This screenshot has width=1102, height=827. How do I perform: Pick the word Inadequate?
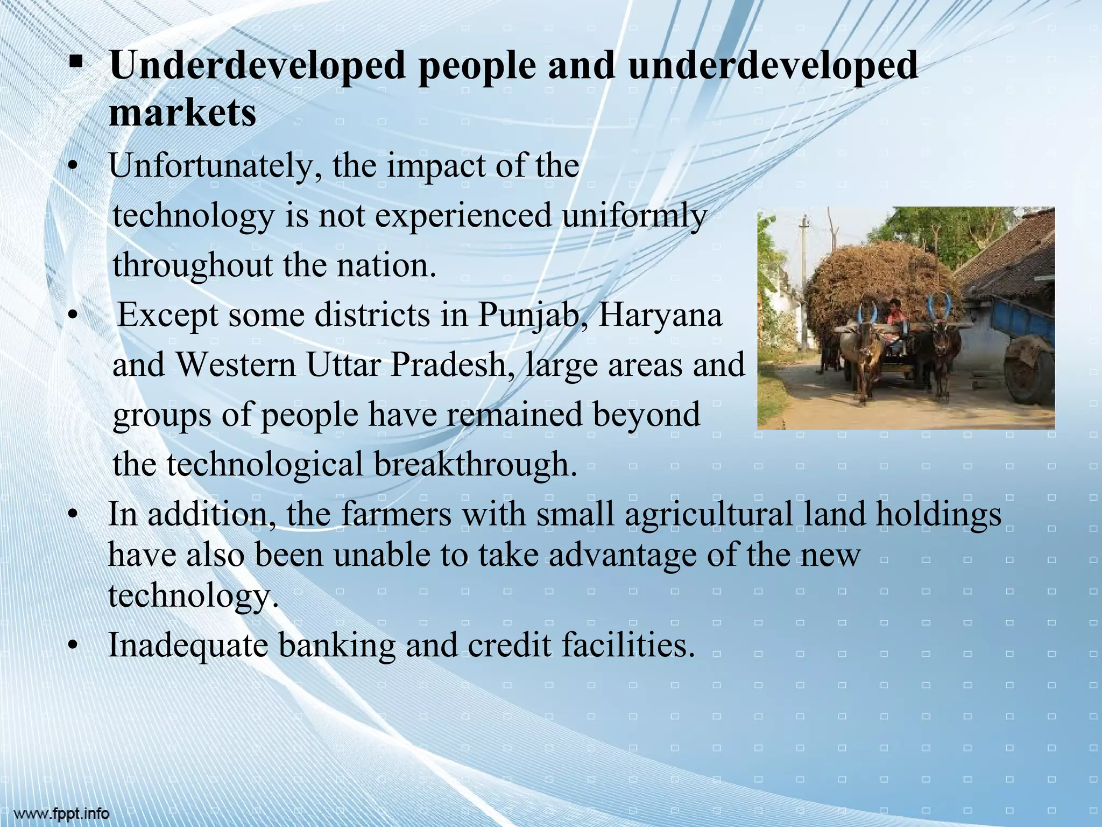click(188, 646)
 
